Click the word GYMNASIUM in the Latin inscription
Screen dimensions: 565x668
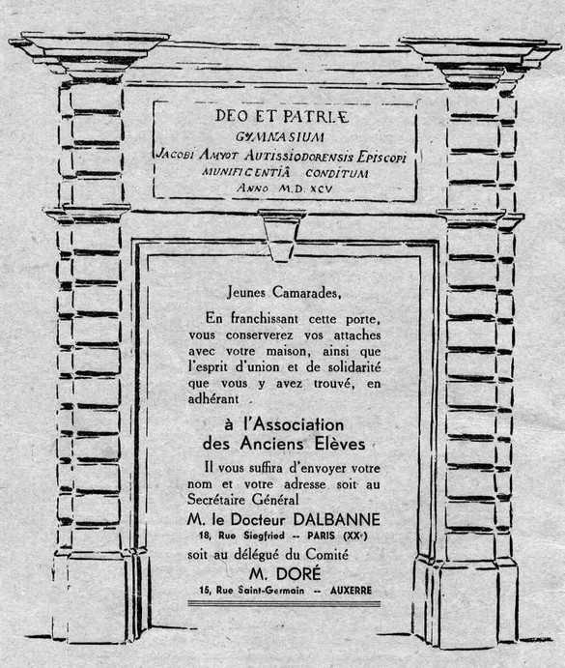pos(280,137)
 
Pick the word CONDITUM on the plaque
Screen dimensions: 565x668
pos(337,173)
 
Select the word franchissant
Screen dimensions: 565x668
pos(264,318)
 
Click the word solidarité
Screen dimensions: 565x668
pos(354,366)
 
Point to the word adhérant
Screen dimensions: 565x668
pos(213,399)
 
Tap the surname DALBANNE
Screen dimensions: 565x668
pos(336,519)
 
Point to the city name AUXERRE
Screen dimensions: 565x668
pos(351,591)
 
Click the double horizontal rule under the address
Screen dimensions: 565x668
pos(284,603)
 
